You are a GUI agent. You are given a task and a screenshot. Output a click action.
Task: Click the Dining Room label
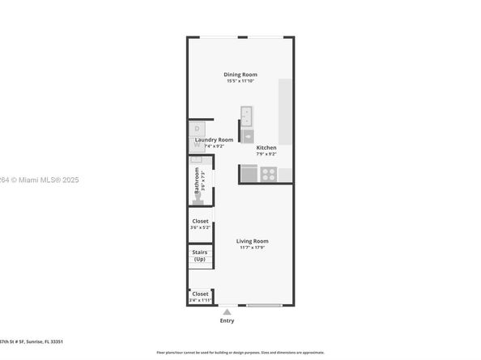240,74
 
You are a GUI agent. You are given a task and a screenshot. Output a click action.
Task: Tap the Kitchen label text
266,148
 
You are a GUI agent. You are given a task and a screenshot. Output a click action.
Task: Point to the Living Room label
252,241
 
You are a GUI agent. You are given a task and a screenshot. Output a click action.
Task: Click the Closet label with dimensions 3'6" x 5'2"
200,221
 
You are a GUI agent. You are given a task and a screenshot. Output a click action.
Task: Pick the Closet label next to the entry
199,294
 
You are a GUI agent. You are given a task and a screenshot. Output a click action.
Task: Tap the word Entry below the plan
228,321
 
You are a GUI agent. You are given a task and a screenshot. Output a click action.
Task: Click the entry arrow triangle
228,311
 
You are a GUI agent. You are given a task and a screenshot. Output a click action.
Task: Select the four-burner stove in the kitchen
269,173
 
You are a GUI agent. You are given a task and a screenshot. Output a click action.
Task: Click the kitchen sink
247,115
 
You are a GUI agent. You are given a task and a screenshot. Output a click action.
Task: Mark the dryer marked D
197,128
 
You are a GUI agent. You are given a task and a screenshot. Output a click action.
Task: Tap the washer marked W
197,145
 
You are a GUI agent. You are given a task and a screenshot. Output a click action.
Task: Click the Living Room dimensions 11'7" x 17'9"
252,248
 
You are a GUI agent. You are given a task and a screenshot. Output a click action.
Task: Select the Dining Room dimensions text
240,81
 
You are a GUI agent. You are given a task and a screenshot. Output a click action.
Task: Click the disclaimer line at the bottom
240,353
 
